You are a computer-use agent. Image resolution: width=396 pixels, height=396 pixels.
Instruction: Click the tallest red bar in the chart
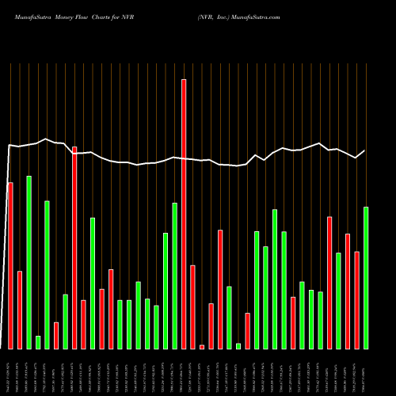point(184,214)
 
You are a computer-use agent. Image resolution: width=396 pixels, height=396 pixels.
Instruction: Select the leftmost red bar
point(10,265)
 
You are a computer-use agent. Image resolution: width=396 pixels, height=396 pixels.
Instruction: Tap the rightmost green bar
point(366,277)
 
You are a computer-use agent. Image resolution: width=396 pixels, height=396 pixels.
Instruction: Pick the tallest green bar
point(29,262)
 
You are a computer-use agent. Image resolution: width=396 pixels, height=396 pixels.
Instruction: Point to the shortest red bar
point(202,347)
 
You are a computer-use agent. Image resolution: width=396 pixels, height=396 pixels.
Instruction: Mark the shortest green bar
point(238,346)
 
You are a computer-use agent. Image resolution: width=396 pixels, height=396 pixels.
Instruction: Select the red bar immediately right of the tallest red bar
point(192,307)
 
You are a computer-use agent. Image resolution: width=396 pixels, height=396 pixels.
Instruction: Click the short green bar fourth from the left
point(38,342)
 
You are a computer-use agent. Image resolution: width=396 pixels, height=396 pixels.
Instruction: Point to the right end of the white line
point(365,150)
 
